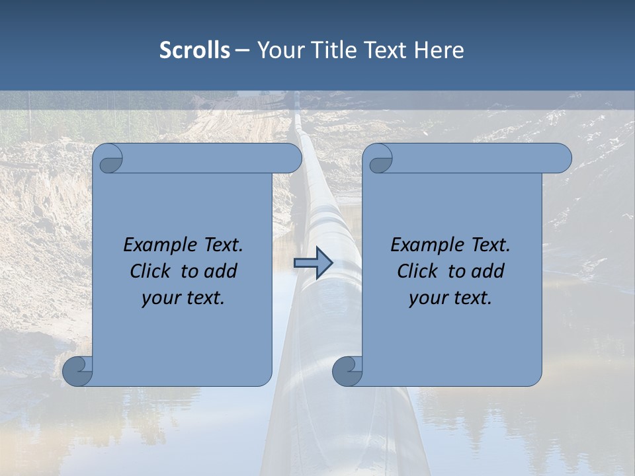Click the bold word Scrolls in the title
[x=194, y=50]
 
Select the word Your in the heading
[x=279, y=50]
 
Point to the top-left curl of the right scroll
[x=379, y=159]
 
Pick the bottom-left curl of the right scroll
[x=347, y=371]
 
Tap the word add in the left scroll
[x=220, y=271]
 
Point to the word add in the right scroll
[x=487, y=271]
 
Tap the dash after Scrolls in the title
[x=242, y=50]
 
